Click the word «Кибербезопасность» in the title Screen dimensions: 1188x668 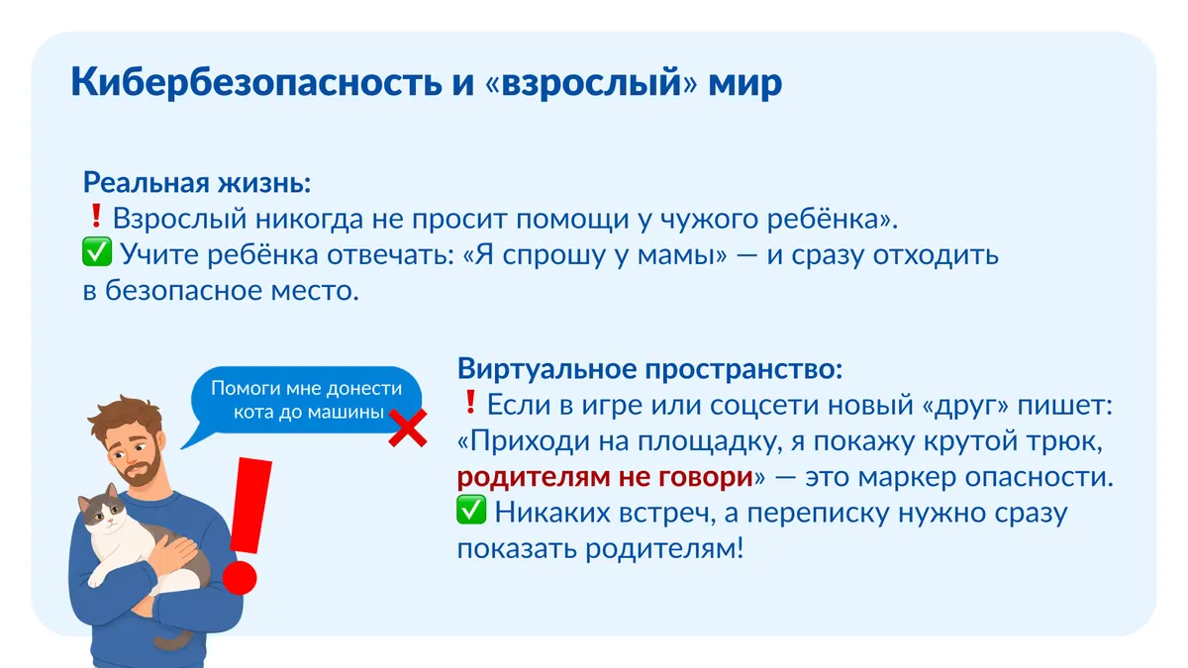tap(256, 83)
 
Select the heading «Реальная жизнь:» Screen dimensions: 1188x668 tap(197, 183)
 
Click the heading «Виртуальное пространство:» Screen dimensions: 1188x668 tap(649, 369)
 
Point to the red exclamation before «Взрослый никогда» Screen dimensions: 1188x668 tap(96, 216)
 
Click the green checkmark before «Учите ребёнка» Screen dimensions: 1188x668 tap(97, 251)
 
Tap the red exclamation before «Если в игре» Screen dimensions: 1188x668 tap(470, 402)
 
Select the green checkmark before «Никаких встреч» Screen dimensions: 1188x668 tap(471, 510)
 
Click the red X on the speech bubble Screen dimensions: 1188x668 tap(408, 428)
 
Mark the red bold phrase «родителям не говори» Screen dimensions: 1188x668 tap(605, 477)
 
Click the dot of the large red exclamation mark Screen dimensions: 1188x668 tap(240, 577)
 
